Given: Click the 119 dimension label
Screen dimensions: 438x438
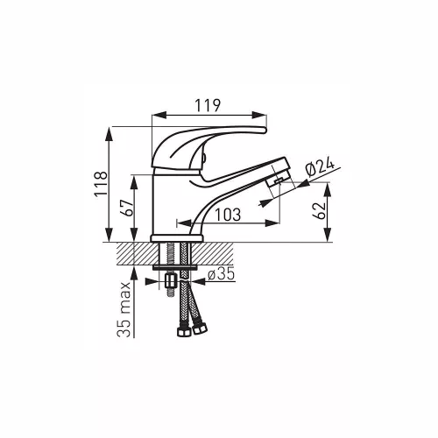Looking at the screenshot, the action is [x=208, y=105].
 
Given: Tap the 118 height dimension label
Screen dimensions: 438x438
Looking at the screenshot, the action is [x=101, y=184].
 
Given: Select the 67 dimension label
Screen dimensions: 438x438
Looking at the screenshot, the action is [x=127, y=208].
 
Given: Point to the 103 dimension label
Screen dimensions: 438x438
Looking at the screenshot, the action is [x=228, y=215].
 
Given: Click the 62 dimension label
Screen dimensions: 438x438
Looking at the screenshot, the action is [x=319, y=210].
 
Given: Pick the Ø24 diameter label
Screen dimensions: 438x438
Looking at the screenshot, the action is [x=320, y=167].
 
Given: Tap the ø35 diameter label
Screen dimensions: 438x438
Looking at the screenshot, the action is [x=222, y=274].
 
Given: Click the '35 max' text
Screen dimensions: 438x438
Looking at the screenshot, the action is [x=124, y=310].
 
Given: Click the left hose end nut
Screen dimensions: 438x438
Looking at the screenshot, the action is [x=184, y=331].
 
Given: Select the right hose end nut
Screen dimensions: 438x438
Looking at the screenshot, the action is [x=200, y=328].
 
